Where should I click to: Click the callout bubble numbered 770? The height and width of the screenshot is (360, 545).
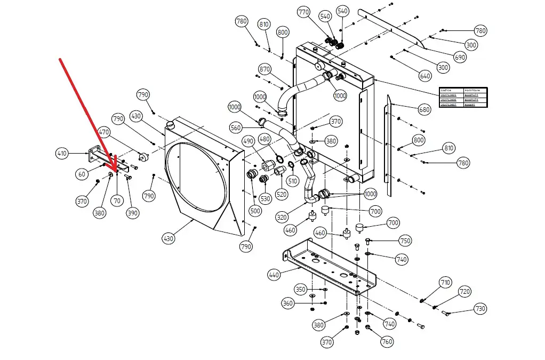(303, 12)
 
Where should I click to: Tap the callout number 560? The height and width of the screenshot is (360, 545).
(236, 128)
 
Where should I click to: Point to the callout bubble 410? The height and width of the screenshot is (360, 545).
(62, 154)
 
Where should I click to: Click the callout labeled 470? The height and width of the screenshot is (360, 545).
(104, 132)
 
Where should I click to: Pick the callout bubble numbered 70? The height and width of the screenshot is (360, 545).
(117, 201)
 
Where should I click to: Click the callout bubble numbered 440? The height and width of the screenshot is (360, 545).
(274, 275)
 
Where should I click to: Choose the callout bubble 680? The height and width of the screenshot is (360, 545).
(424, 110)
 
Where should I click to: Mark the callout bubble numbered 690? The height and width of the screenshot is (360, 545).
(460, 57)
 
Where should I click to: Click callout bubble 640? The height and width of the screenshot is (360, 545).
(425, 76)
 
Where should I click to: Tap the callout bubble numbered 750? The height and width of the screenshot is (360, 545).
(405, 241)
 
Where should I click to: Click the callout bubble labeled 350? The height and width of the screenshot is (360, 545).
(301, 290)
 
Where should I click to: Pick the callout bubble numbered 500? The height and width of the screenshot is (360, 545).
(255, 211)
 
